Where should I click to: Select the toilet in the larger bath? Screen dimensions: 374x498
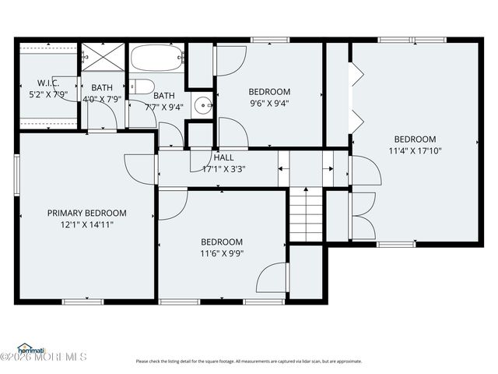(142, 86)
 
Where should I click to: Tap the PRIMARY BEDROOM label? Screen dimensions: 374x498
(86, 213)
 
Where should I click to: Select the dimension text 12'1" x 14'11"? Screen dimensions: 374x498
(86, 224)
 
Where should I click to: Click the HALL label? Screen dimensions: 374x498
(223, 157)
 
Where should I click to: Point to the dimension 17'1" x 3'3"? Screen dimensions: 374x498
(223, 168)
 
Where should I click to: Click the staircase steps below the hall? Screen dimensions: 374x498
(306, 214)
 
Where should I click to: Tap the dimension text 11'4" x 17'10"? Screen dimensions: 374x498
(414, 151)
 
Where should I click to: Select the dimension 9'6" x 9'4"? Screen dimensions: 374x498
(269, 103)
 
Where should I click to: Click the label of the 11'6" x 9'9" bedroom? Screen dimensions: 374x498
(222, 242)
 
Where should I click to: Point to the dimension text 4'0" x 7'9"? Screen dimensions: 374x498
(102, 99)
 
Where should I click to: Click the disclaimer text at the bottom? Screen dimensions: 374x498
(249, 361)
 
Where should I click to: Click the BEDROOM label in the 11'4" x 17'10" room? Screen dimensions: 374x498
(414, 139)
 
